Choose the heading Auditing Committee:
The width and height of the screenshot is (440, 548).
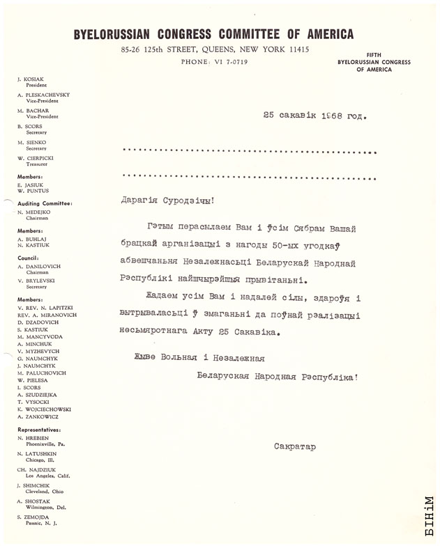click(x=44, y=203)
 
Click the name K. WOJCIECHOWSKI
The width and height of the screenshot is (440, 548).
click(x=48, y=410)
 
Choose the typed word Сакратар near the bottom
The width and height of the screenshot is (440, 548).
click(x=294, y=446)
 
